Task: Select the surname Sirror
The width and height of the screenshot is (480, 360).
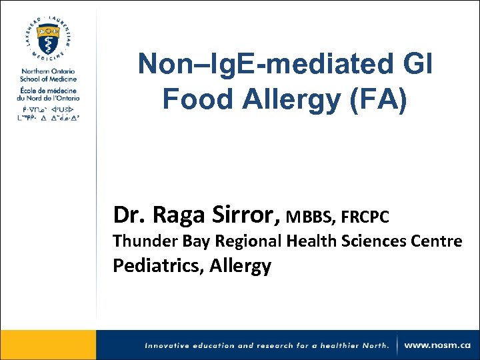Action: (241, 215)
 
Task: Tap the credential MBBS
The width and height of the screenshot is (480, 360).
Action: (310, 217)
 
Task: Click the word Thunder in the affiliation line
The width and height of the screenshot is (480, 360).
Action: (139, 241)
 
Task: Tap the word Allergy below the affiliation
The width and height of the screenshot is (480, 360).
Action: (240, 266)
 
